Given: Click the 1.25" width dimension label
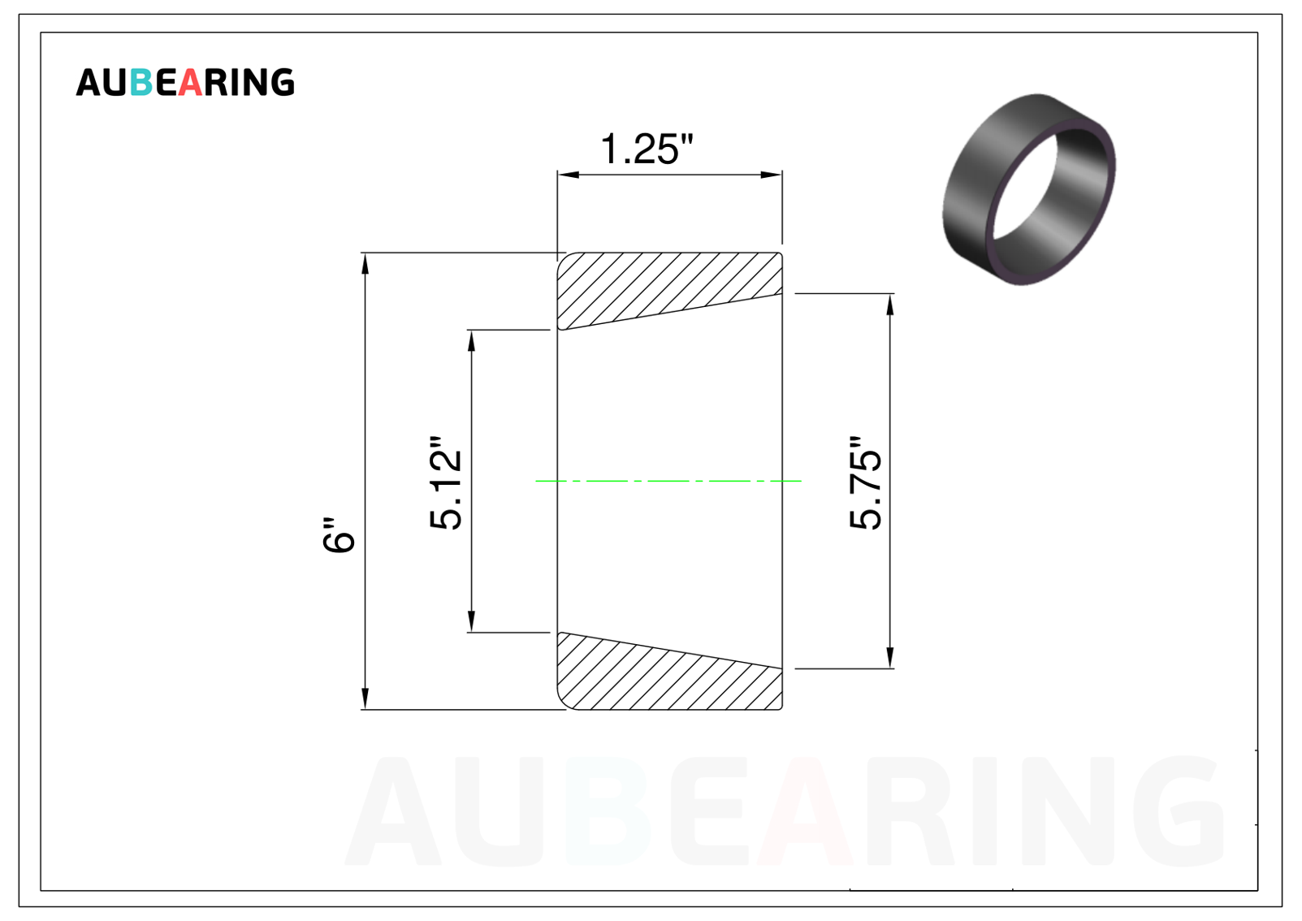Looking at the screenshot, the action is tap(647, 149).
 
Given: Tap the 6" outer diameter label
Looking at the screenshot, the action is tap(338, 534).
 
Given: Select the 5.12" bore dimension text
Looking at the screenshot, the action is tap(445, 483).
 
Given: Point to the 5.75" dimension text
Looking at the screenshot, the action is tap(866, 483).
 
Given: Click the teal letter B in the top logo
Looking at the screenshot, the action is tap(141, 82).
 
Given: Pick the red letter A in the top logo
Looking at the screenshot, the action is tap(190, 82).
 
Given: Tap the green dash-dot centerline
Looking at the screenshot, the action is tap(668, 481).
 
